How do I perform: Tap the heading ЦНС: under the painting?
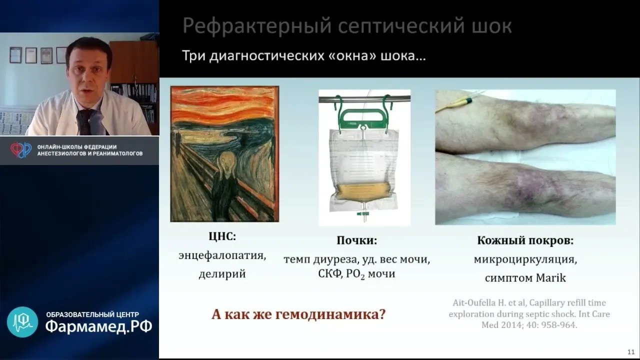click(x=222, y=236)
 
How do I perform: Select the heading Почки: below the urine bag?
click(x=357, y=240)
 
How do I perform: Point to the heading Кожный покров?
click(x=525, y=240)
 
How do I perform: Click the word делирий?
click(x=222, y=273)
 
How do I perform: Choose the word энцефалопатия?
click(x=222, y=255)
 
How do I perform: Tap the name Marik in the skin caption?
click(x=551, y=277)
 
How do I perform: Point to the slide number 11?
click(x=631, y=351)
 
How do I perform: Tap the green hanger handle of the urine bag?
click(x=364, y=117)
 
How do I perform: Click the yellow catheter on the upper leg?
click(x=457, y=103)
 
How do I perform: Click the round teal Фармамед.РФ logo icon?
click(x=22, y=322)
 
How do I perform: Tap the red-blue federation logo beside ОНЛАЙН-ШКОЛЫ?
click(x=21, y=150)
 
